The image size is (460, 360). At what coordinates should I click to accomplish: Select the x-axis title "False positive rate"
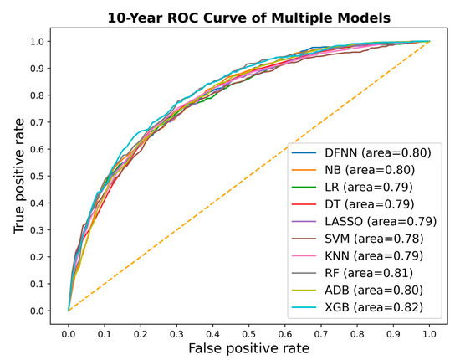[x=248, y=347]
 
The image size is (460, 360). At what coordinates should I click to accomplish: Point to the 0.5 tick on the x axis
[x=248, y=330]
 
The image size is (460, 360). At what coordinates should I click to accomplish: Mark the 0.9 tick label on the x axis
[x=393, y=330]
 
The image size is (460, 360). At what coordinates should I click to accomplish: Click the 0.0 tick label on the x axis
[x=68, y=330]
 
